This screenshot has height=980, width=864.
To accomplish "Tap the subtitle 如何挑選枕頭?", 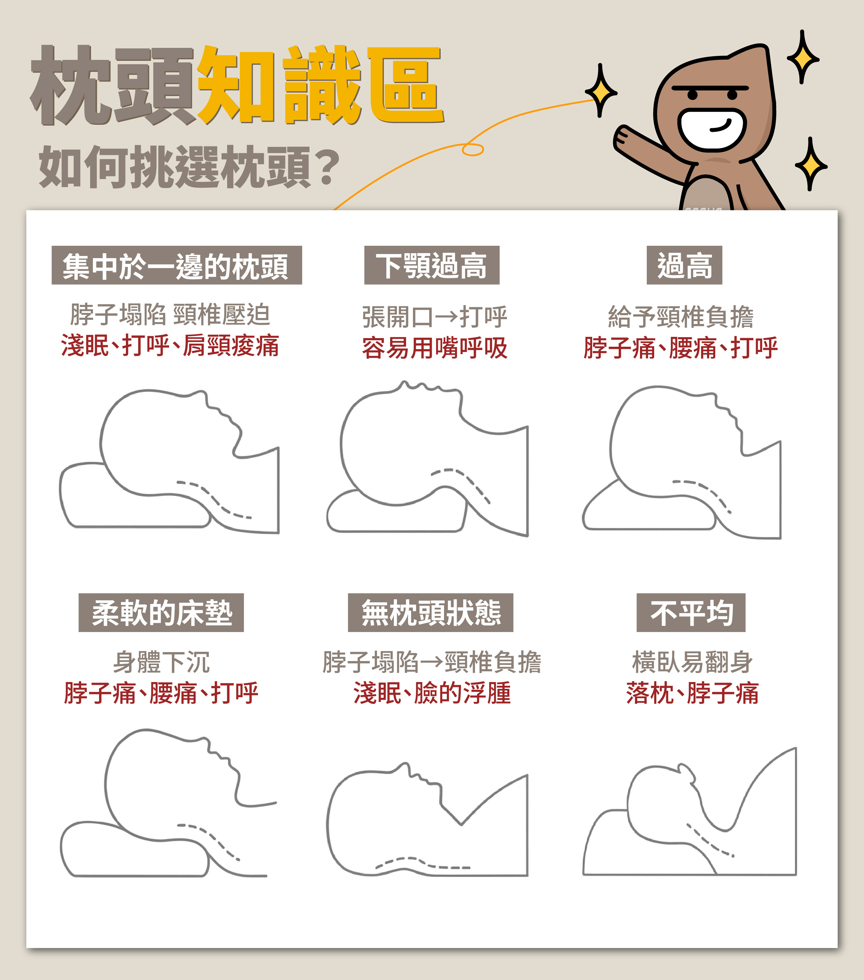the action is [189, 166].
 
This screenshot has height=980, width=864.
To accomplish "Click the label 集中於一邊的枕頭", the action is [177, 265].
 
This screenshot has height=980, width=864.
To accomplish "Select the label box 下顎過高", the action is [432, 265].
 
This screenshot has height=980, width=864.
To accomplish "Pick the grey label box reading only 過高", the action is [684, 265].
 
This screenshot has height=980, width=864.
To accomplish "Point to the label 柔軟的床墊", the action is [161, 613].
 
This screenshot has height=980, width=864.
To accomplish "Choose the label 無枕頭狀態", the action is [430, 613].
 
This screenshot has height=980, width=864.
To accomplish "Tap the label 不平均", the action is [691, 613].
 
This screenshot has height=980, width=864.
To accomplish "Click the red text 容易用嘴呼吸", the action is [435, 348].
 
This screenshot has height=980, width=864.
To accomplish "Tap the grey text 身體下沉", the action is [161, 662].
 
